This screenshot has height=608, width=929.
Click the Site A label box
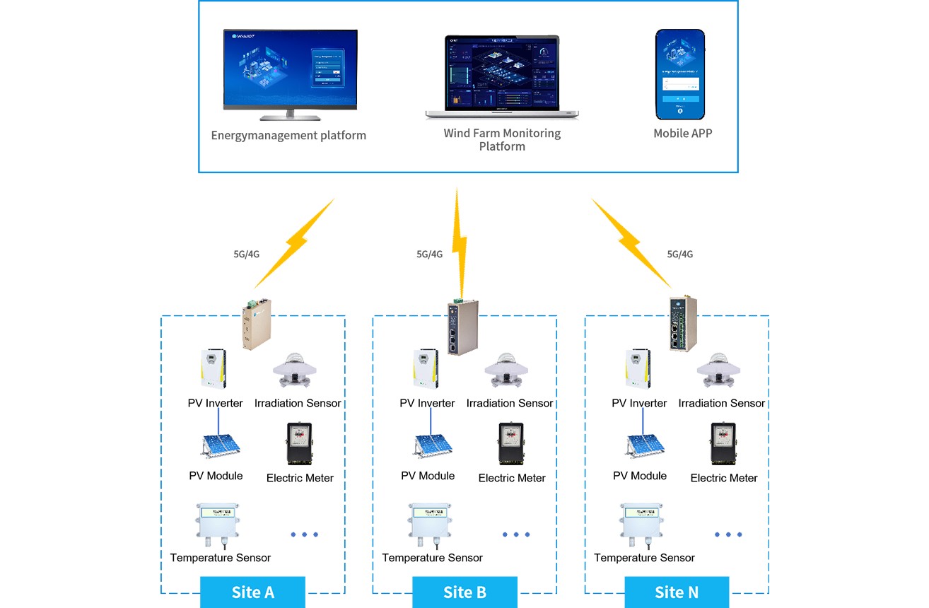[x=252, y=592]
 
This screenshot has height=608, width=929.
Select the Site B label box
[x=464, y=592]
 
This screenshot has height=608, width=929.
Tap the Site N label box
[x=677, y=592]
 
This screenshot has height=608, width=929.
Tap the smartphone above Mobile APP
[x=680, y=74]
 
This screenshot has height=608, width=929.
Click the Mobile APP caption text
[x=682, y=133]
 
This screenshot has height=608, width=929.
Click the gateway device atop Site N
[x=683, y=323]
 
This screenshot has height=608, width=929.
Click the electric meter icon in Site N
[x=723, y=443]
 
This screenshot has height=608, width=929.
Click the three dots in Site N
[x=728, y=534]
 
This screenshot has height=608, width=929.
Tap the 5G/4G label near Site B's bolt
[x=429, y=255]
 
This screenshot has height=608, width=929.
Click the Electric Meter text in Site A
[x=300, y=478]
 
